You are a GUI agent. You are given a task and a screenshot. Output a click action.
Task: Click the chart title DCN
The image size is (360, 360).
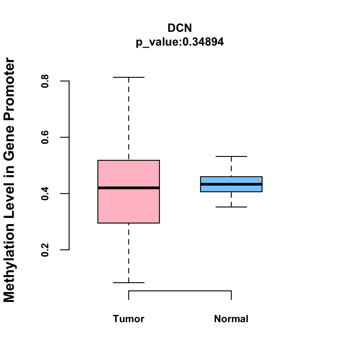pyautogui.click(x=180, y=28)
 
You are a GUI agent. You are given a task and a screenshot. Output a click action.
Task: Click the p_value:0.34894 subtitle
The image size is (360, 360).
pyautogui.click(x=180, y=42)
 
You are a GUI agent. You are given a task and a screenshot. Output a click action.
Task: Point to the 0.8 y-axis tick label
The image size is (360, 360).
pyautogui.click(x=45, y=81)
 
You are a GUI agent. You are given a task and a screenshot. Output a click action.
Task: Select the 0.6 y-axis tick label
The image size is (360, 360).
pyautogui.click(x=45, y=137)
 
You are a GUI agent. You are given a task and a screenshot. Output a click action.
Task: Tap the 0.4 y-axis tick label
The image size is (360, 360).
pyautogui.click(x=45, y=193)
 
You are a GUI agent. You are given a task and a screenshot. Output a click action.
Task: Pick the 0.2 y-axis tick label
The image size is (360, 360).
pyautogui.click(x=45, y=250)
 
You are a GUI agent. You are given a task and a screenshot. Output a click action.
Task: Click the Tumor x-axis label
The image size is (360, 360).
pyautogui.click(x=129, y=319)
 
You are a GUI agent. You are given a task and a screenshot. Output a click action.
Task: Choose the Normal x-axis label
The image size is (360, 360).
pyautogui.click(x=231, y=319)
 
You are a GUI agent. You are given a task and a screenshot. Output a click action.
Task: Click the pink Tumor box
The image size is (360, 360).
pyautogui.click(x=129, y=207)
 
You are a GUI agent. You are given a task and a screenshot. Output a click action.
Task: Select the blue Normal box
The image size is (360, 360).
pyautogui.click(x=231, y=180)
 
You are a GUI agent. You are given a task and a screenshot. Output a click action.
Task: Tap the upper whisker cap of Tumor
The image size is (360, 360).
pyautogui.click(x=129, y=77)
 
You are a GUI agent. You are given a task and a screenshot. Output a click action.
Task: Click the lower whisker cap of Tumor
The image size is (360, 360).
pyautogui.click(x=129, y=283)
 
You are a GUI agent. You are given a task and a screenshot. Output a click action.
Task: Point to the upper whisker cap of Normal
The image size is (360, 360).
pyautogui.click(x=231, y=157)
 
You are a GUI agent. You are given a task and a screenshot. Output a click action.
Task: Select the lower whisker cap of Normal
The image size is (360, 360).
pyautogui.click(x=231, y=207)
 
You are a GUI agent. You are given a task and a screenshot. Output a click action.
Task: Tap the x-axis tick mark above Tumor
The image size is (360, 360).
pyautogui.click(x=129, y=295)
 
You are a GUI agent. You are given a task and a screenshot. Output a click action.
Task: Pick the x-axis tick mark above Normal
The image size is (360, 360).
pyautogui.click(x=231, y=295)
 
